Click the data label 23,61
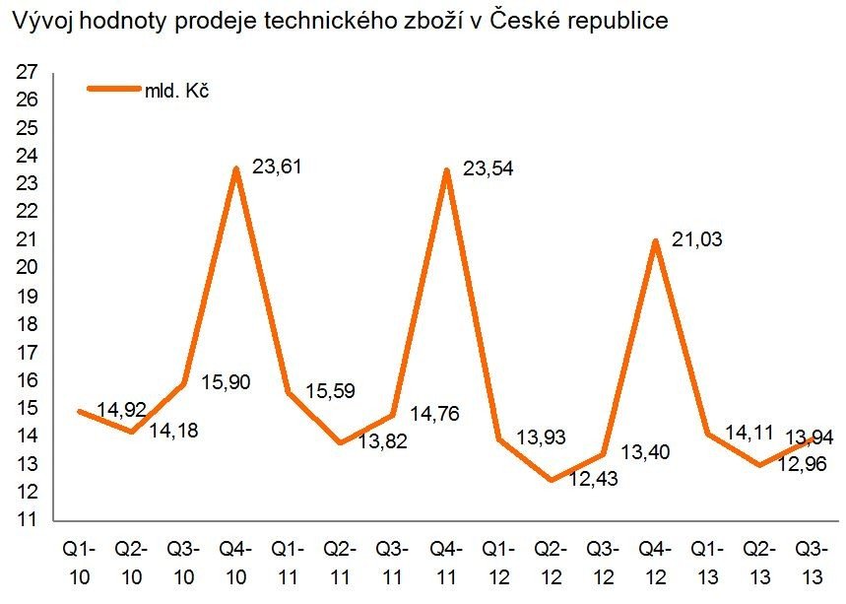(x=277, y=167)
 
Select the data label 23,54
(x=488, y=169)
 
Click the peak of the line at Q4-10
(x=236, y=168)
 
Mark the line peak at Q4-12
(x=657, y=240)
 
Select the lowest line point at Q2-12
(x=552, y=480)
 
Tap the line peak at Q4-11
(x=447, y=170)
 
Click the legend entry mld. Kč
(x=178, y=91)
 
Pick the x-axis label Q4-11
(x=447, y=559)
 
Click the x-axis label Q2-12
(x=552, y=559)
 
